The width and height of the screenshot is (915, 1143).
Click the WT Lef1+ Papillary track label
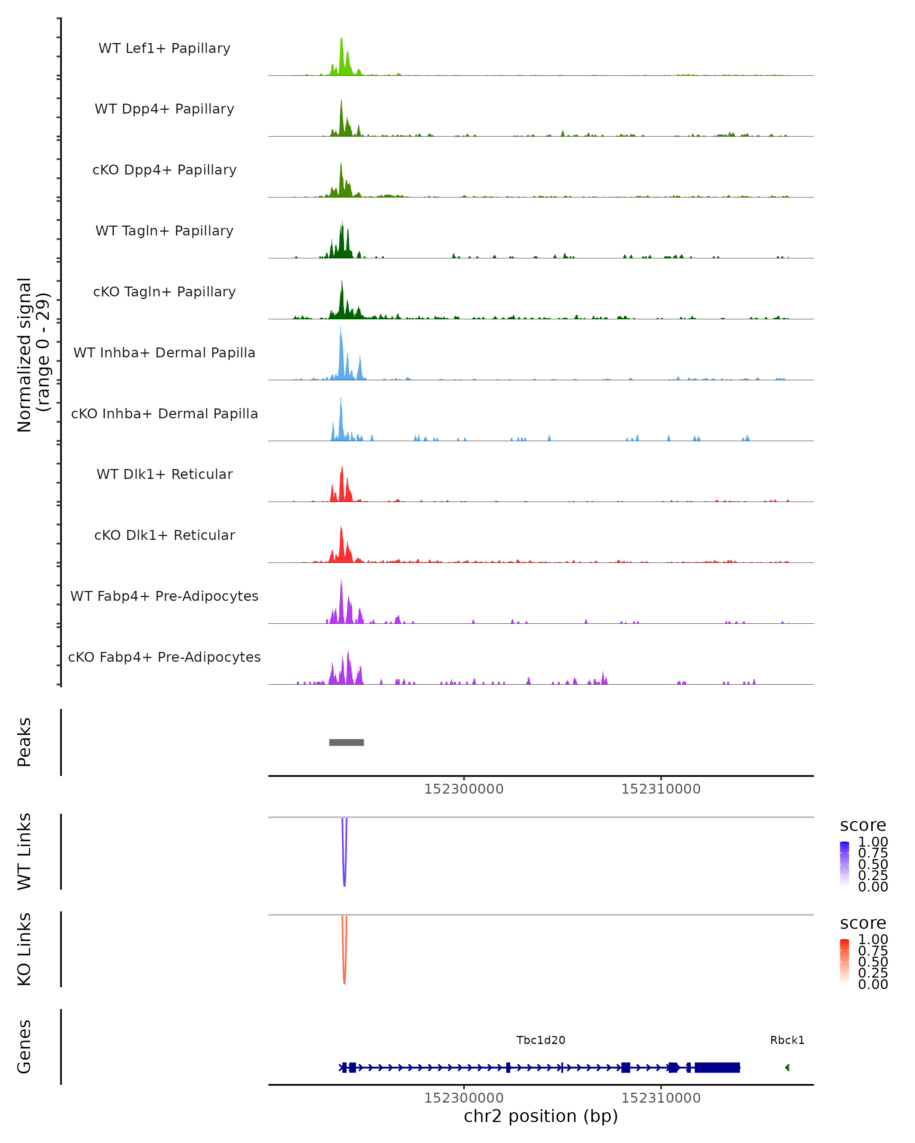click(164, 48)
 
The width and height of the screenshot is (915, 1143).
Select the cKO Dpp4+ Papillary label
click(164, 170)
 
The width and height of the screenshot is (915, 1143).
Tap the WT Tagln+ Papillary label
click(164, 231)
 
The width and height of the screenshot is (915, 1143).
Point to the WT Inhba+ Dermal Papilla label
click(164, 352)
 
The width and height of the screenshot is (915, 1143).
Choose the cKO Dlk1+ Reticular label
click(164, 535)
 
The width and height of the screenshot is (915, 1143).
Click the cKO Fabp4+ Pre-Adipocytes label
click(164, 657)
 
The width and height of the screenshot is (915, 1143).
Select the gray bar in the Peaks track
click(347, 742)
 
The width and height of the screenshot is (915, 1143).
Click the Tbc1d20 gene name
click(541, 1040)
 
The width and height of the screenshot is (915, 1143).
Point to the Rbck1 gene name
click(787, 1040)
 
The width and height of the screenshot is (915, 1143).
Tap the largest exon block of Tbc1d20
click(717, 1067)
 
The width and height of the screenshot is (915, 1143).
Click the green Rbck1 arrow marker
click(787, 1067)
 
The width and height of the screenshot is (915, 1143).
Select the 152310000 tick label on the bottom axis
click(661, 1098)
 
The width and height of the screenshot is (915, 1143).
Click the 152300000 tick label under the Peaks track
click(464, 789)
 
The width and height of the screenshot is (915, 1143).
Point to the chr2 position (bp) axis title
click(541, 1116)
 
